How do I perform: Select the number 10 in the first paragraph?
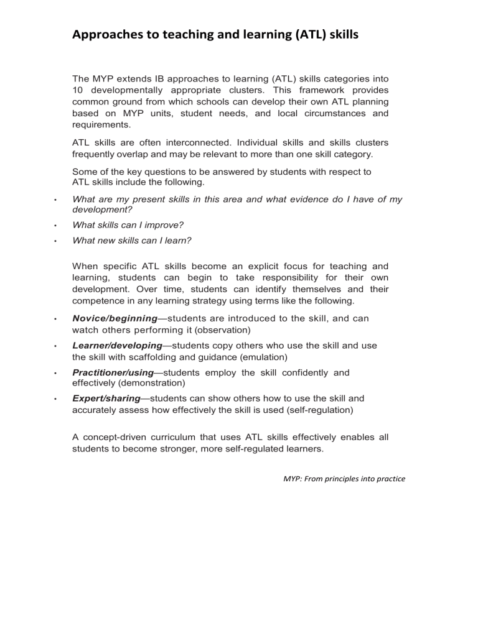78,90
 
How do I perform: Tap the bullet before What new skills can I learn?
55,241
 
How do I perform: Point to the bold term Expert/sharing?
108,399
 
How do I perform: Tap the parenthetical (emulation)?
254,357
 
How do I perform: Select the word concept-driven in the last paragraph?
116,437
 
